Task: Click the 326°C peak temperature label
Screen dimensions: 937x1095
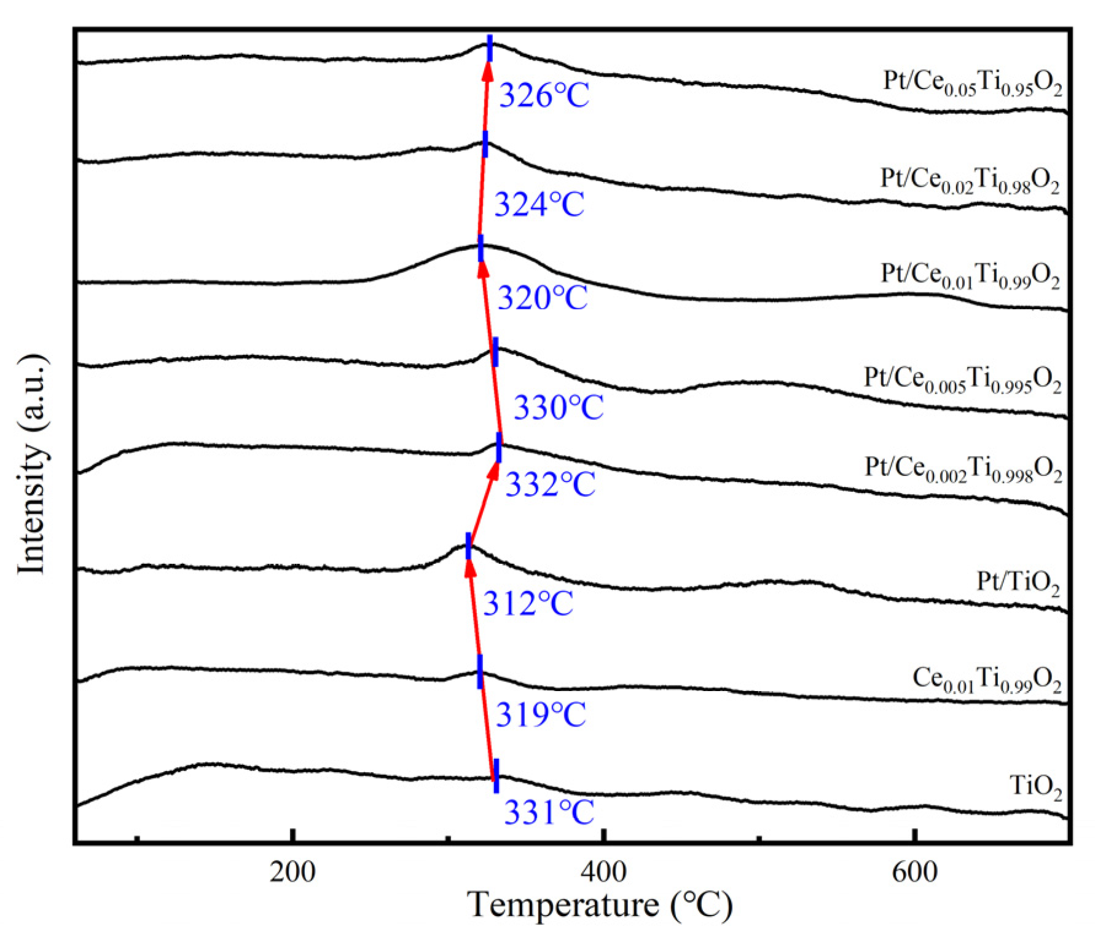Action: [x=544, y=96]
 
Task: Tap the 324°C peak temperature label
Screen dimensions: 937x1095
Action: [x=539, y=204]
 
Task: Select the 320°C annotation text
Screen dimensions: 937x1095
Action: [x=542, y=298]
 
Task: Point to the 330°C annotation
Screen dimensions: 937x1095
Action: [x=558, y=407]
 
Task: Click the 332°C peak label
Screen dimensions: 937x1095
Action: [x=550, y=484]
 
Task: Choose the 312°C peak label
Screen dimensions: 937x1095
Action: [x=527, y=604]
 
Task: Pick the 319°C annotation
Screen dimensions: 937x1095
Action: [x=541, y=714]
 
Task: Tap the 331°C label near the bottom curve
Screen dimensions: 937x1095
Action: [x=549, y=812]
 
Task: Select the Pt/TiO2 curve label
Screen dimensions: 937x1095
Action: [x=1018, y=582]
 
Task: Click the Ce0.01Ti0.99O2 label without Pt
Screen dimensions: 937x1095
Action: [x=986, y=680]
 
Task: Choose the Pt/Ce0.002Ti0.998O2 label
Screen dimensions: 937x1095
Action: [x=963, y=470]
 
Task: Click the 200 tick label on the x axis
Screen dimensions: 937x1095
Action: [x=292, y=872]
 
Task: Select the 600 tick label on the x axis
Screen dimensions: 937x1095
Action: [x=914, y=872]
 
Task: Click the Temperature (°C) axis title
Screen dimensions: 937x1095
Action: [x=600, y=905]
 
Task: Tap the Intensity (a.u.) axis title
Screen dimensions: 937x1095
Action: [x=32, y=464]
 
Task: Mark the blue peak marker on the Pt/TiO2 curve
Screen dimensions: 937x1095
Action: [x=468, y=546]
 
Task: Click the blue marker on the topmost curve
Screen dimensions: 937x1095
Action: [x=490, y=49]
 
